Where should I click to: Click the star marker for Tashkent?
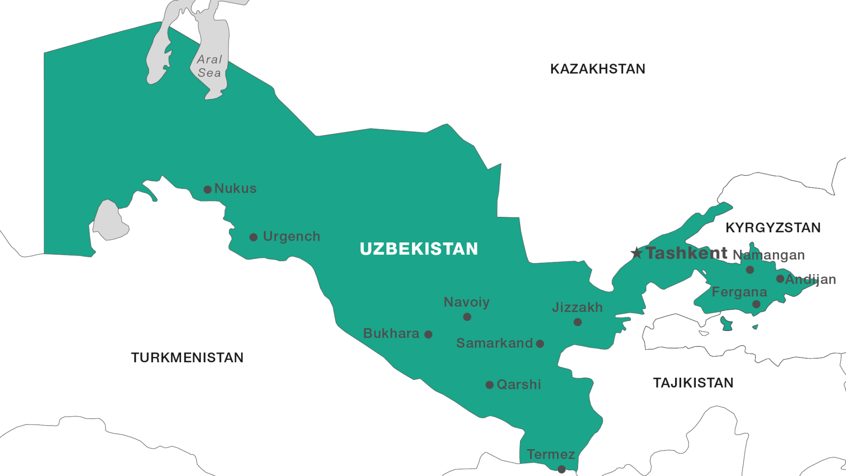pos(636,253)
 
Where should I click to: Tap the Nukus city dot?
pos(208,190)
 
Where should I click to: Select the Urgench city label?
pos(291,236)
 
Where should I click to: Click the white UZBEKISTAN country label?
pos(419,249)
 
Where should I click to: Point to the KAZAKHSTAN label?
pos(597,69)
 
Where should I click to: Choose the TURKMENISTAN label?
pos(187,357)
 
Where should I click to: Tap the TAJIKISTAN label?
pos(693,383)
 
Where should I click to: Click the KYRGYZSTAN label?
pos(773,227)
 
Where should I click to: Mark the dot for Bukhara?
pos(428,335)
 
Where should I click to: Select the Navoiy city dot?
pos(467,317)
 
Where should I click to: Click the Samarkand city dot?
pos(540,344)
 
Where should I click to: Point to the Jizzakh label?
pos(577,307)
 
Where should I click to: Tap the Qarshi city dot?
pos(489,385)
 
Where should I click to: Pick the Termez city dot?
pos(561,470)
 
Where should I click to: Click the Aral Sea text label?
pos(209,66)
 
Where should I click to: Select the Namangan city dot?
pos(750,270)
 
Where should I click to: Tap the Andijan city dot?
pos(780,279)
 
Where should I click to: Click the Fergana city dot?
pos(756,304)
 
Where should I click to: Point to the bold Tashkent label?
pos(686,253)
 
